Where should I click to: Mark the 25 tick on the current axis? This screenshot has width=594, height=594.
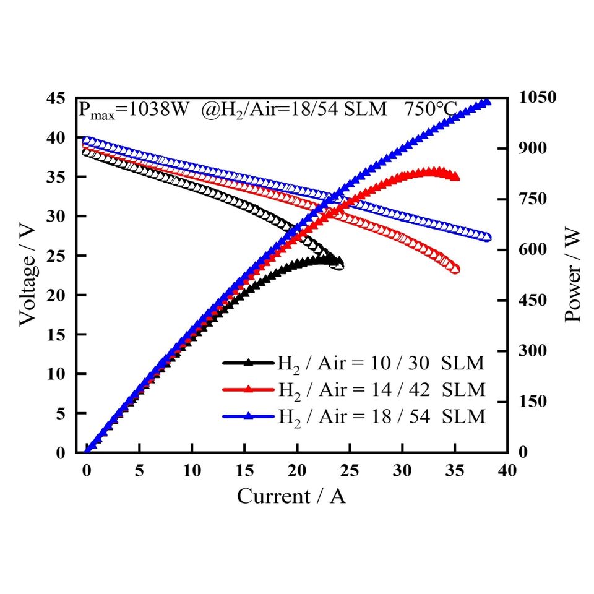(x=350, y=471)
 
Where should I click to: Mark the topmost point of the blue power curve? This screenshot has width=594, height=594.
(x=486, y=102)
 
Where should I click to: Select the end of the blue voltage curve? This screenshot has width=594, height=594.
(x=487, y=237)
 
